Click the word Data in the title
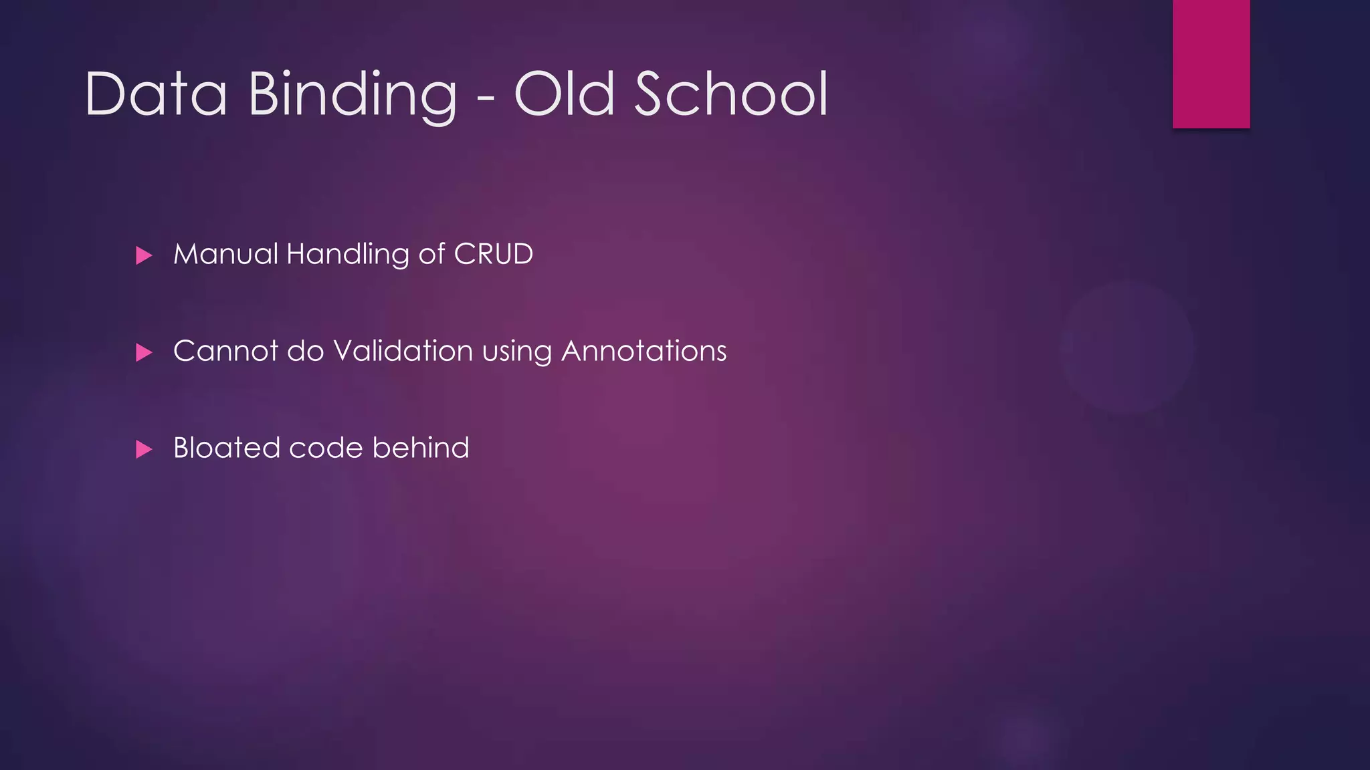[x=156, y=94]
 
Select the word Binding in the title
[x=353, y=94]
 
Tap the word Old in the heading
[x=564, y=94]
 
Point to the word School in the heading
[x=731, y=94]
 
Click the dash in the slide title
[x=486, y=98]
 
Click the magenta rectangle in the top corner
[x=1211, y=63]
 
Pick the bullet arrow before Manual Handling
[x=144, y=255]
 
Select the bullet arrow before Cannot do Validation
[x=144, y=352]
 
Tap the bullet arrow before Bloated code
[x=144, y=449]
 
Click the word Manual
[x=225, y=254]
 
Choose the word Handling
[x=347, y=254]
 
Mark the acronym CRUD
[x=493, y=254]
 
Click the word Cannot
[x=225, y=351]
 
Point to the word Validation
[x=403, y=351]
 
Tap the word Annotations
[x=644, y=351]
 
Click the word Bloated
[x=226, y=448]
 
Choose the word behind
[x=421, y=448]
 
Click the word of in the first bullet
[x=431, y=254]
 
